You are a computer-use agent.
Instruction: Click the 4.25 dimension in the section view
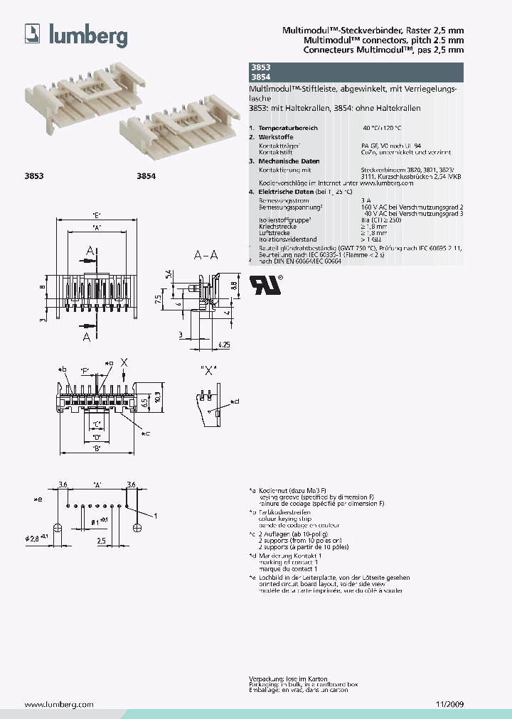pos(223,345)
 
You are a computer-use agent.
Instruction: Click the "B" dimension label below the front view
pos(97,448)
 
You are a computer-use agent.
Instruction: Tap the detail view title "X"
pos(209,369)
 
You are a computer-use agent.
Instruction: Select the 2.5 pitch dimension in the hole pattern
pos(102,540)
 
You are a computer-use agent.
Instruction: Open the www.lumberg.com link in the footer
pos(59,705)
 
